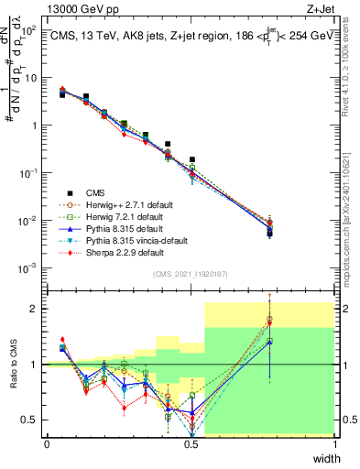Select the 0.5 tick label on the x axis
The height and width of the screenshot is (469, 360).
191,443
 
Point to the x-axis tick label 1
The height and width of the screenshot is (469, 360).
335,443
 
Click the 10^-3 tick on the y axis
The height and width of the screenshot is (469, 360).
30,268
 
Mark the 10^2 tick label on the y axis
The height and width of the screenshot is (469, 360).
30,30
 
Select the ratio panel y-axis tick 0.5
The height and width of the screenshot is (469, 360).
33,420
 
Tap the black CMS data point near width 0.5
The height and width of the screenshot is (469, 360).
191,159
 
